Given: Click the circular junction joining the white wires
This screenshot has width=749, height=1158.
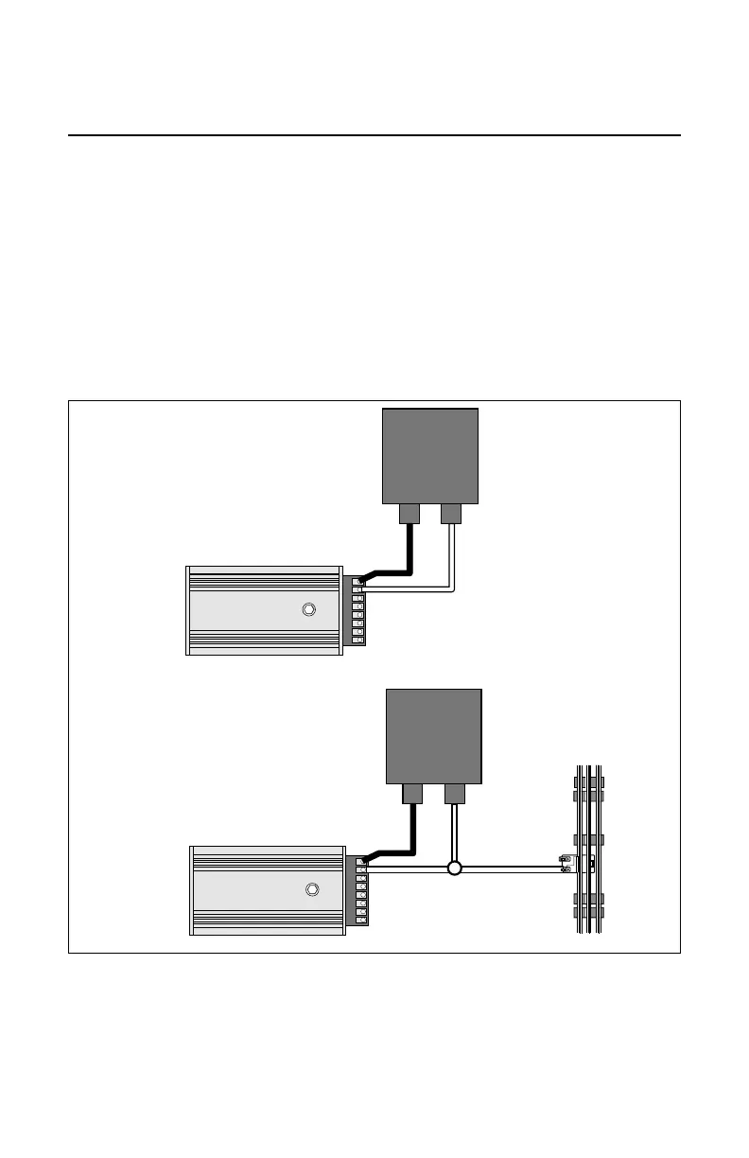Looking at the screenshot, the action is tap(454, 868).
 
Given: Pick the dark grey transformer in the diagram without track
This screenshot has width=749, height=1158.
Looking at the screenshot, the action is tap(429, 455).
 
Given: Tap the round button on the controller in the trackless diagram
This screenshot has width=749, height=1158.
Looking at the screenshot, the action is tap(307, 609).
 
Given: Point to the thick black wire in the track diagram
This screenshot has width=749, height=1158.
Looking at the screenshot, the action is tap(411, 833).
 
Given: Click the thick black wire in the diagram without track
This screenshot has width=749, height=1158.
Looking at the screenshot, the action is tap(409, 553).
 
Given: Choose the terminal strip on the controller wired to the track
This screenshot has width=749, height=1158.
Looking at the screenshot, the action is tap(360, 889).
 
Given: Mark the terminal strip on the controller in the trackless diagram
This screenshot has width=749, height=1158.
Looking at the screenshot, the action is tap(357, 611).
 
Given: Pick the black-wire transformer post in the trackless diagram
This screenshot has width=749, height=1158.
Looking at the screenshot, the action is tap(409, 513).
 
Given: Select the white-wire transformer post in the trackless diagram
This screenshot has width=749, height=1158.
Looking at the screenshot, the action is tap(451, 513).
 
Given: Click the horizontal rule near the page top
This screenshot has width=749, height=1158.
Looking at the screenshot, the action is tap(374, 135).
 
